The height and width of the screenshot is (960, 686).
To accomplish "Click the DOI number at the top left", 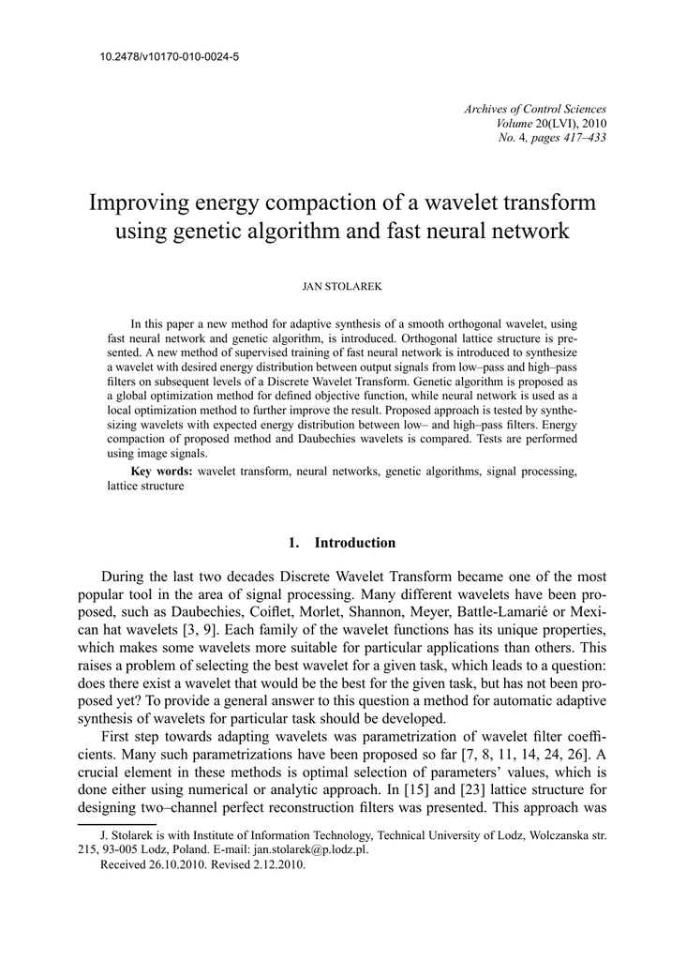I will click(x=169, y=57).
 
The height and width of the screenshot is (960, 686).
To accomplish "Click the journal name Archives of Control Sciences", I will click(x=535, y=110).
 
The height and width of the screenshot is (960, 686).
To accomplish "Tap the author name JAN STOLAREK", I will click(x=342, y=282).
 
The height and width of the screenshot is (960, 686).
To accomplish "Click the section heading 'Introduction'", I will click(x=354, y=543).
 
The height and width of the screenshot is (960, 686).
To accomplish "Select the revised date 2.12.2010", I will click(x=275, y=865).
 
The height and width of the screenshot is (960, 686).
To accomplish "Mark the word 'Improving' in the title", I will click(x=136, y=203).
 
